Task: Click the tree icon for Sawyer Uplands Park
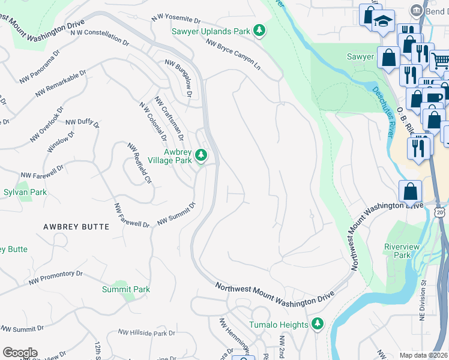point(259,31)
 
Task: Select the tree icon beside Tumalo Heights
point(318,325)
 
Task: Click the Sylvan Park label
point(25,193)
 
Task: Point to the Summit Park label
point(125,289)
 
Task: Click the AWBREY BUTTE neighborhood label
point(76,227)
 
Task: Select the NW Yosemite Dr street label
point(176,20)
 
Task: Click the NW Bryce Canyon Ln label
point(234,55)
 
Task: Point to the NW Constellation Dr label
point(100,37)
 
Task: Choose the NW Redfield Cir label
point(140,163)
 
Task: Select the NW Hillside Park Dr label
point(146,332)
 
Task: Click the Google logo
point(19,353)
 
